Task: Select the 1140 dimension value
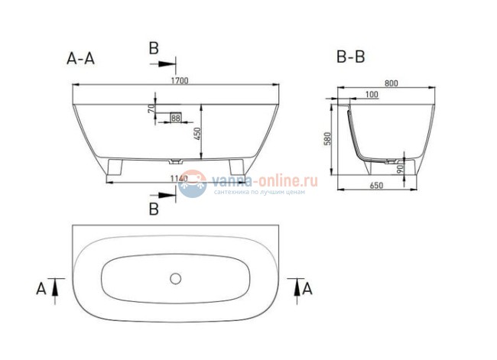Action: [177, 178]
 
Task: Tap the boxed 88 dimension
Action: [176, 118]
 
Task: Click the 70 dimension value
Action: [153, 109]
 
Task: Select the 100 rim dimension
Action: [371, 95]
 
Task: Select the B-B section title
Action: [351, 57]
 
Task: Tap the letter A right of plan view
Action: [308, 287]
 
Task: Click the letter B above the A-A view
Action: [154, 48]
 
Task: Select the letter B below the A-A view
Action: [154, 207]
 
